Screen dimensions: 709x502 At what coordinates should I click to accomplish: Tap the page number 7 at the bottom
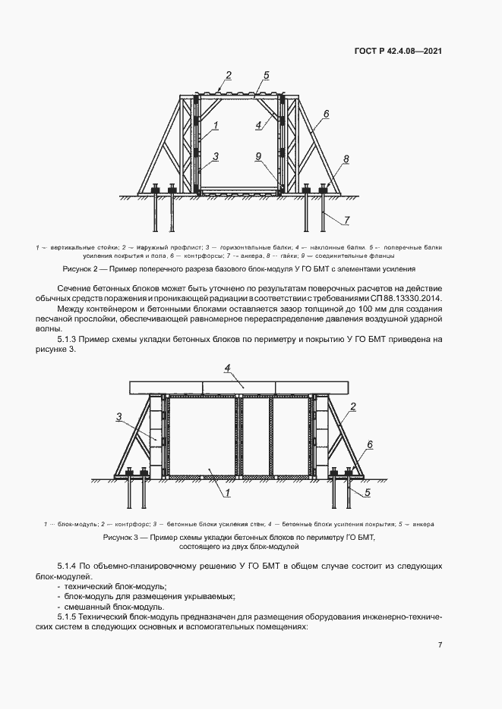click(x=440, y=645)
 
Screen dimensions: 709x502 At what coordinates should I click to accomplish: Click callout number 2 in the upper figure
click(x=228, y=75)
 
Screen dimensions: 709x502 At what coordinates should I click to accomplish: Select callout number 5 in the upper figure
click(x=266, y=75)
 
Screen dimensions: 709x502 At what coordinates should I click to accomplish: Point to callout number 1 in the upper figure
click(x=216, y=124)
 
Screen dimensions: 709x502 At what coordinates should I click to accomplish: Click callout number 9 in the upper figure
click(x=258, y=155)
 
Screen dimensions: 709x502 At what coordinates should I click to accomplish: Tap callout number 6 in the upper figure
click(x=325, y=114)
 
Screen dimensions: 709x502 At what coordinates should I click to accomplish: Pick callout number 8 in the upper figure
click(x=346, y=159)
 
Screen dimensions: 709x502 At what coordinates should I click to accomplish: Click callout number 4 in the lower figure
click(x=227, y=369)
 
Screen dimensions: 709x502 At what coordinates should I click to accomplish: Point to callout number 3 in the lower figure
click(x=119, y=416)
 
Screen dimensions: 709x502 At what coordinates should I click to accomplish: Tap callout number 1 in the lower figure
click(x=227, y=493)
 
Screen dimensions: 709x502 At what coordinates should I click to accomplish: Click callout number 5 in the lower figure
click(x=366, y=492)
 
